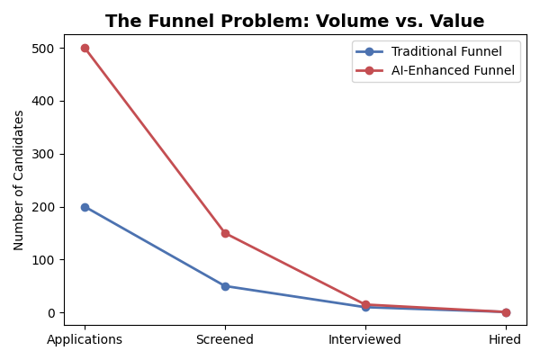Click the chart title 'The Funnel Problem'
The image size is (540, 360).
click(x=294, y=22)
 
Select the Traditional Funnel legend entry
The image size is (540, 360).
click(x=445, y=52)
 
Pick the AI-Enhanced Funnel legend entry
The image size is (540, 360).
click(x=453, y=71)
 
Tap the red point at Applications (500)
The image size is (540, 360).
click(x=85, y=48)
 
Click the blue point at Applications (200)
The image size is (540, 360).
click(x=85, y=207)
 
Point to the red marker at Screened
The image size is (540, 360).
click(x=225, y=233)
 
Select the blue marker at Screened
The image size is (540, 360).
click(x=225, y=286)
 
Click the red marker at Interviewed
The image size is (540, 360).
click(x=365, y=304)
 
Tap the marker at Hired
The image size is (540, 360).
click(x=506, y=312)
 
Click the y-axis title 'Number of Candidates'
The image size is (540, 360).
click(x=19, y=180)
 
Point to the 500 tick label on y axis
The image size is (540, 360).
click(x=44, y=49)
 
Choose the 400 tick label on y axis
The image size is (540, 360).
click(x=44, y=101)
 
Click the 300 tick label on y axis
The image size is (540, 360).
click(x=44, y=154)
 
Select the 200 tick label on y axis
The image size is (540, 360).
click(x=44, y=207)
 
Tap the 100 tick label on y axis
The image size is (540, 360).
click(x=44, y=260)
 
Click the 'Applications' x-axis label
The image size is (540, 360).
click(x=85, y=340)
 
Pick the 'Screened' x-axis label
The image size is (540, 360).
click(x=225, y=340)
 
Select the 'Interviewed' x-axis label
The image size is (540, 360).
click(x=365, y=340)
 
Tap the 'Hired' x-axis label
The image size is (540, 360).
click(x=506, y=340)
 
